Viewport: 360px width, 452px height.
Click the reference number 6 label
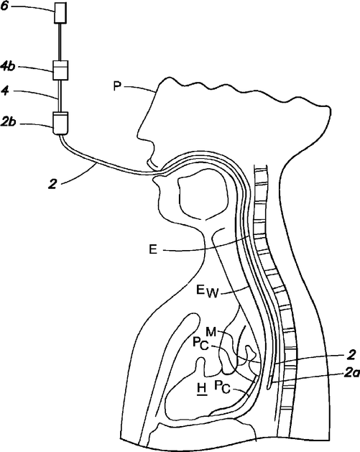tap(4, 6)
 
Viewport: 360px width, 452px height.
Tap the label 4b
tap(7, 68)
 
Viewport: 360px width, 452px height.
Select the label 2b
tap(8, 122)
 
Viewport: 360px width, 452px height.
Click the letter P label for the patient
tap(116, 86)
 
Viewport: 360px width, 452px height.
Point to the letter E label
tap(153, 249)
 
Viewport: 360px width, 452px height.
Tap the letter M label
tap(211, 332)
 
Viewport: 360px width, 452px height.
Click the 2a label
tap(351, 374)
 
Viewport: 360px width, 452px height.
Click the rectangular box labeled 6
tap(61, 13)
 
